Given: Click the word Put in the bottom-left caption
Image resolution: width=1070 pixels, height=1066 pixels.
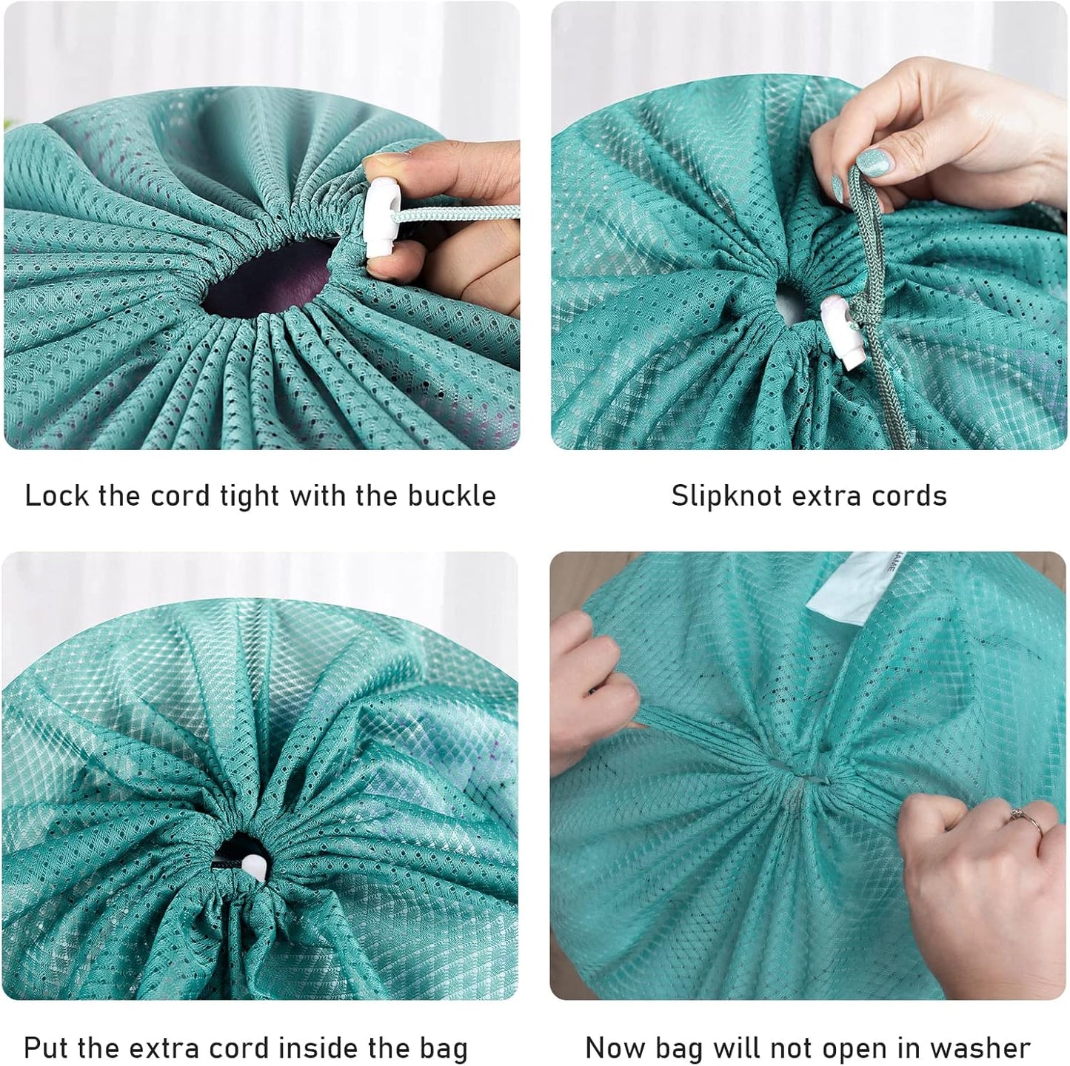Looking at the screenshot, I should [48, 1048].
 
